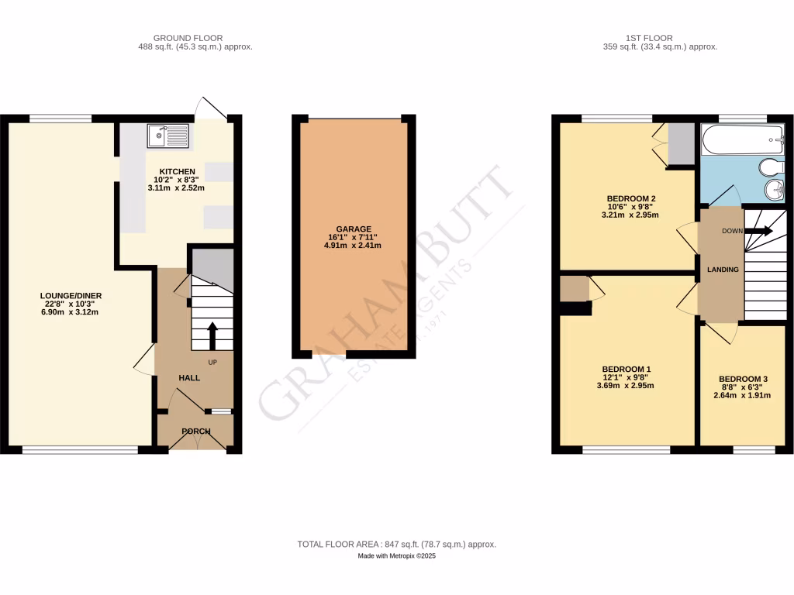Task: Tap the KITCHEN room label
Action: [178, 171]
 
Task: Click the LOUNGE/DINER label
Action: [71, 295]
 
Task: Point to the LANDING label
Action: [722, 269]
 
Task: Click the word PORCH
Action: [196, 431]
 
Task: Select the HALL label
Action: [189, 378]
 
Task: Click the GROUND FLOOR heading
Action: [188, 37]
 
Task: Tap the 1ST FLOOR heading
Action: [649, 37]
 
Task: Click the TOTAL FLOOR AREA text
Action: [396, 545]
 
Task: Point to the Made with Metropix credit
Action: [396, 556]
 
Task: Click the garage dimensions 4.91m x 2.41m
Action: [353, 246]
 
